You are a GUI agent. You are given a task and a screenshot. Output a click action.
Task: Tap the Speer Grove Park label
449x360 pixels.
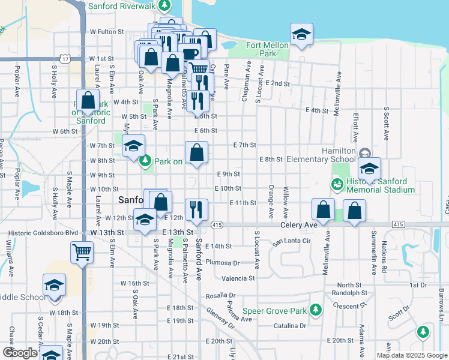click(x=275, y=311)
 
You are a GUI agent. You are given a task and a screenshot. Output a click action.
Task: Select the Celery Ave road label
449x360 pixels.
click(x=298, y=225)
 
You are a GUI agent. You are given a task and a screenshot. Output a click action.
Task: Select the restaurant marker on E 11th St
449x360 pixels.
click(x=196, y=209)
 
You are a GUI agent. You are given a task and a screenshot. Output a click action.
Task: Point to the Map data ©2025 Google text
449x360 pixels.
click(x=412, y=355)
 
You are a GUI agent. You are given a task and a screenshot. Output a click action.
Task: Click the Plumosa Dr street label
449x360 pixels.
click(x=222, y=262)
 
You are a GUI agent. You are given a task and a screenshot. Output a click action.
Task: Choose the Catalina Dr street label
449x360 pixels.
click(x=289, y=326)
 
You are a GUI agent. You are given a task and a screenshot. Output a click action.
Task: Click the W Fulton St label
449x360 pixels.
click(x=106, y=31)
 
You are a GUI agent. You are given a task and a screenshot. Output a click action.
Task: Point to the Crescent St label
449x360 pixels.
click(x=344, y=305)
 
